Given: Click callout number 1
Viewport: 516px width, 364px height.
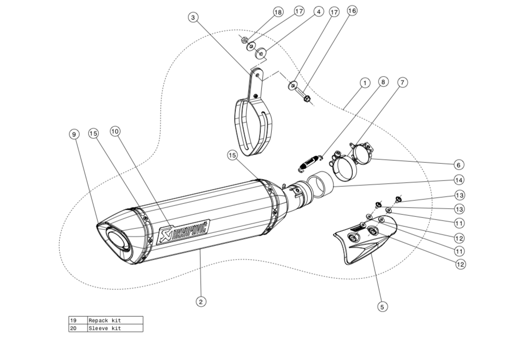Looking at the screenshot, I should [364, 83].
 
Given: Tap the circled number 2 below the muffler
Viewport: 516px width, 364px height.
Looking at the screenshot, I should [201, 301].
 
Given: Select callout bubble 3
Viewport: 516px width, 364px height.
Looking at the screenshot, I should [193, 18].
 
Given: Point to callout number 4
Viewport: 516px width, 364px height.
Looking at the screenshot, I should [317, 11].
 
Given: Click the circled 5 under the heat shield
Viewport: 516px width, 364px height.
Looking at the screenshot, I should [382, 307].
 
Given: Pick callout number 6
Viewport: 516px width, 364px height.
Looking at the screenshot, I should [458, 165].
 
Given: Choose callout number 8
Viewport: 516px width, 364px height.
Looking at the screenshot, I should [382, 82].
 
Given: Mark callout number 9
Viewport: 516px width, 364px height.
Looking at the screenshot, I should [74, 134].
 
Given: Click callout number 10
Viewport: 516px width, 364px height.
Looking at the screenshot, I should [115, 132].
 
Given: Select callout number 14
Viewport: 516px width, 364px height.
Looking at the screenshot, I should [458, 180].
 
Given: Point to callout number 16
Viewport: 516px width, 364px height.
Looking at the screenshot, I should [352, 10].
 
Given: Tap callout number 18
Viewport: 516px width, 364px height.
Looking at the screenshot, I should [277, 11].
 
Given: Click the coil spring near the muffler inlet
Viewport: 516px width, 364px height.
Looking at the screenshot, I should [310, 161].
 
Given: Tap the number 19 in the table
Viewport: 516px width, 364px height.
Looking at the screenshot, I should [73, 320].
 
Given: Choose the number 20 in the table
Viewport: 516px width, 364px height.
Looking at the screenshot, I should [73, 328].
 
